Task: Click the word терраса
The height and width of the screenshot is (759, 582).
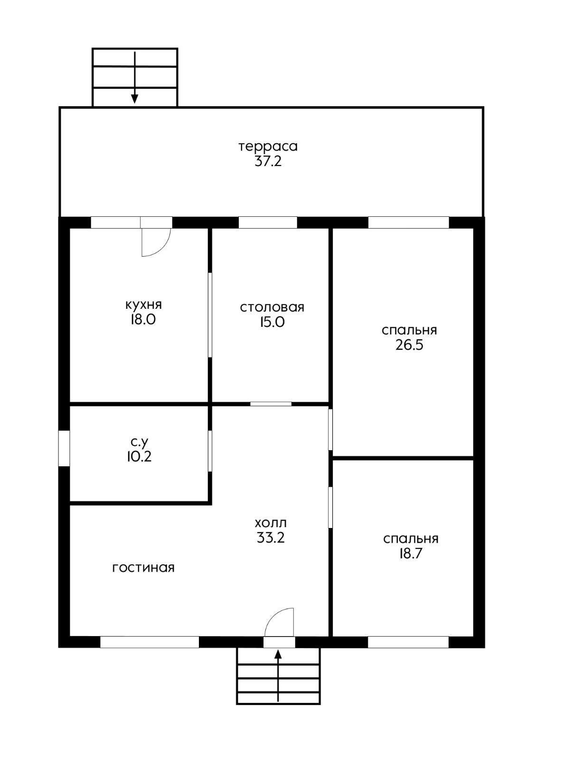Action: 268,146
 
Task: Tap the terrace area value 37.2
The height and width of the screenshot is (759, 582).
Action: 268,162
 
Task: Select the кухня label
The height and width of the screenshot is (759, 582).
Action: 143,305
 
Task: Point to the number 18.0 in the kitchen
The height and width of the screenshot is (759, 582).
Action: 143,320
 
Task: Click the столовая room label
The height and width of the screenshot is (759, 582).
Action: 272,307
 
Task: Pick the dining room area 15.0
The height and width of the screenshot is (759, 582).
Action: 272,322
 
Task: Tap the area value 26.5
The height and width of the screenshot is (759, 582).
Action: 409,345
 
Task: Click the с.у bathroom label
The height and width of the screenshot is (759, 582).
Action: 140,442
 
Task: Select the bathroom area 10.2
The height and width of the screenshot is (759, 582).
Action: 139,456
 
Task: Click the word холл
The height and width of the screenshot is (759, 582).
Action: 271,523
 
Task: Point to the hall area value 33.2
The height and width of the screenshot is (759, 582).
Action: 271,537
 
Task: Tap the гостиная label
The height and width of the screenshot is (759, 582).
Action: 143,568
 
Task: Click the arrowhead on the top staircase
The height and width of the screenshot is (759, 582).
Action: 134,99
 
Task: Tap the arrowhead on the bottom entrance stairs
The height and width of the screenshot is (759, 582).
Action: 278,654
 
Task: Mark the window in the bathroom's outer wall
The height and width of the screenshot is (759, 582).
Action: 64,448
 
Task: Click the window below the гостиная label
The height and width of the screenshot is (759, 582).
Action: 150,642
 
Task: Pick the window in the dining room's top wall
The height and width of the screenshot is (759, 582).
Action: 268,222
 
